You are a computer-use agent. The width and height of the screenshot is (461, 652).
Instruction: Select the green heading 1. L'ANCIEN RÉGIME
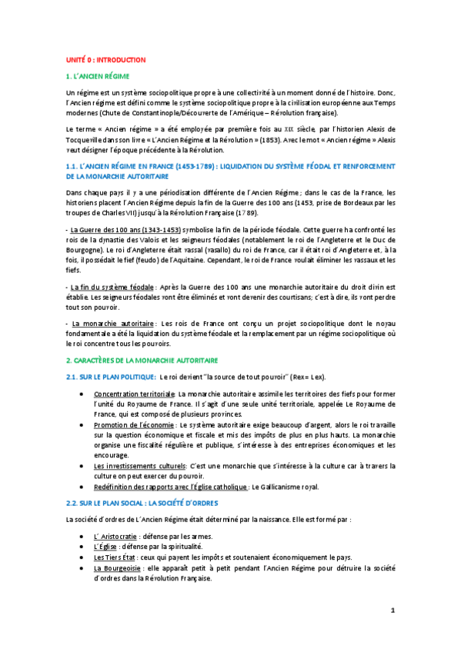(97, 76)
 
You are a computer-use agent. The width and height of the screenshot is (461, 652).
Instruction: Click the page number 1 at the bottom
(392, 610)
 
